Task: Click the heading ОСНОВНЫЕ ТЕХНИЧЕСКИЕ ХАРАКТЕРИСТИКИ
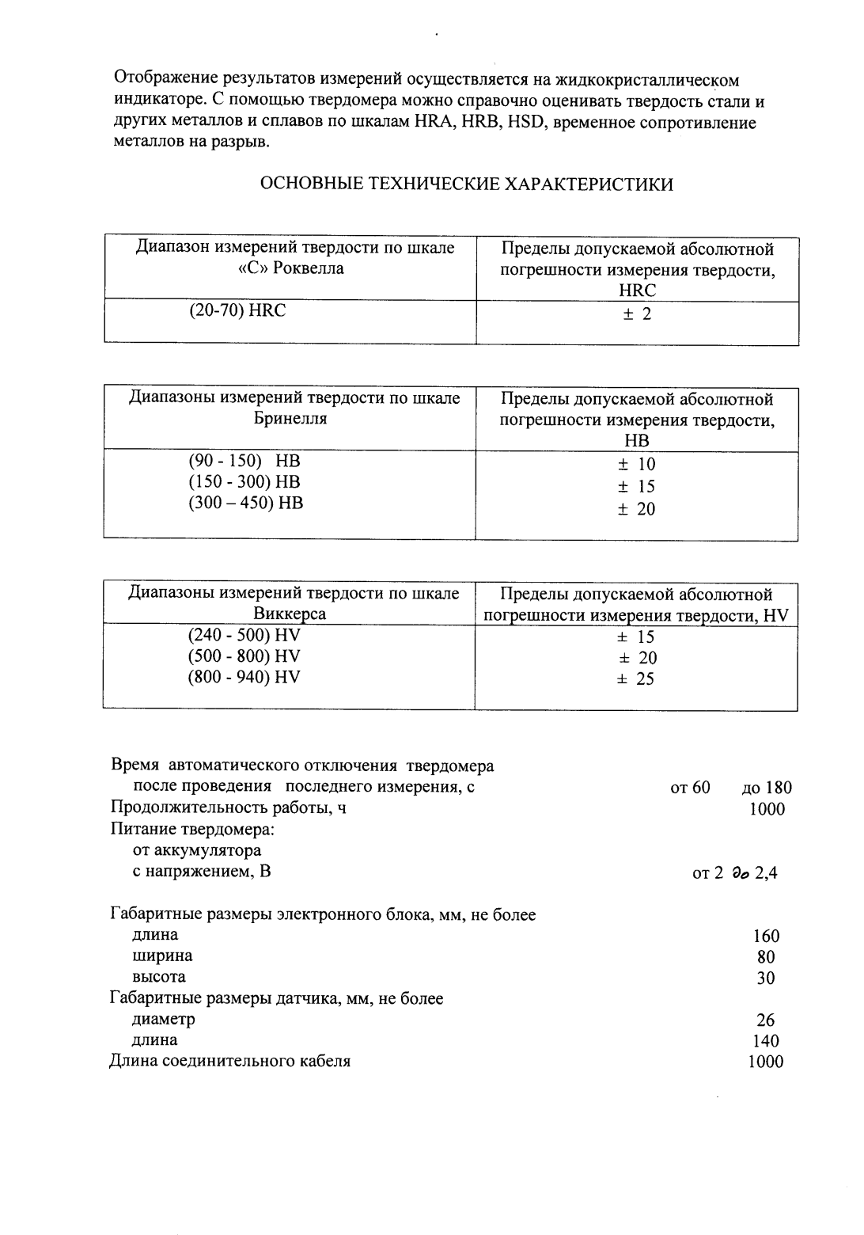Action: click(467, 185)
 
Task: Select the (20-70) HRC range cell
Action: click(237, 311)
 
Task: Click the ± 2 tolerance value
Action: click(637, 314)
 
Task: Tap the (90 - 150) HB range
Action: click(244, 462)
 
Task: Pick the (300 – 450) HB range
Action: click(245, 503)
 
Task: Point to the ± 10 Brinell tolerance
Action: click(637, 465)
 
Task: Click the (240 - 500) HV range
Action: click(244, 635)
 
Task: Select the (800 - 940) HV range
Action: click(244, 677)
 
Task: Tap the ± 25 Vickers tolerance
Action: click(636, 679)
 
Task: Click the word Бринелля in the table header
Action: click(290, 419)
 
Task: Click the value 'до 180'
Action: click(766, 788)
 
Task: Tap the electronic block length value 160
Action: click(766, 937)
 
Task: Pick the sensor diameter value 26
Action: click(765, 1020)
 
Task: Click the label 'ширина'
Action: click(162, 956)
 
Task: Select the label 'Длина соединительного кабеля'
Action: click(229, 1061)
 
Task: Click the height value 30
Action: click(765, 978)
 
